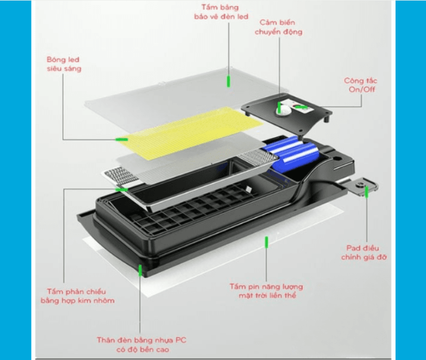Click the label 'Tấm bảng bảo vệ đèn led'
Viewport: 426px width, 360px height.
[x=221, y=12]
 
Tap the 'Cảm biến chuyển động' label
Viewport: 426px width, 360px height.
[x=278, y=27]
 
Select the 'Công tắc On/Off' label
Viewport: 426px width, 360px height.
[x=361, y=85]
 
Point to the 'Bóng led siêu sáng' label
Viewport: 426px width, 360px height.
[x=64, y=64]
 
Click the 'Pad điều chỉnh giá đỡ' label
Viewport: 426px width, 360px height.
[x=363, y=252]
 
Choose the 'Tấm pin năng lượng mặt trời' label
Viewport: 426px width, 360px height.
[x=267, y=290]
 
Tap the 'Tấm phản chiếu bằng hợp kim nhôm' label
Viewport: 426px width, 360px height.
[x=78, y=296]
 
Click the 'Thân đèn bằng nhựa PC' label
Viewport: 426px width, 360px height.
[x=142, y=344]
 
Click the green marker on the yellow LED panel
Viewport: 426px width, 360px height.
[x=122, y=140]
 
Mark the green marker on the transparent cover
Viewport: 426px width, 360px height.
[x=228, y=81]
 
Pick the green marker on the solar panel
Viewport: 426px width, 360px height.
[x=267, y=242]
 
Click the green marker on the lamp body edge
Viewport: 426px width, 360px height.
[x=140, y=270]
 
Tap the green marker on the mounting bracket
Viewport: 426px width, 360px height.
[x=367, y=192]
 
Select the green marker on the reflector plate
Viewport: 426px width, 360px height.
[x=121, y=189]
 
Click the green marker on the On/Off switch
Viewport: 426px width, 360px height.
[x=301, y=107]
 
